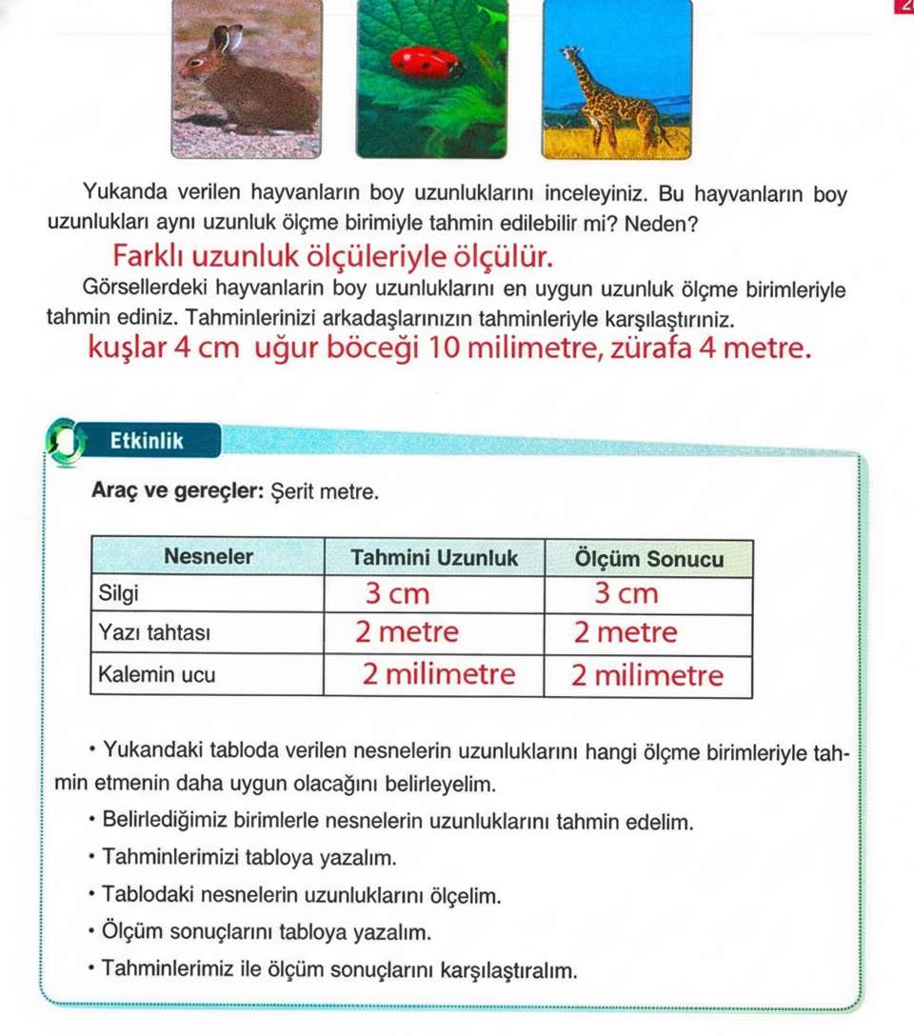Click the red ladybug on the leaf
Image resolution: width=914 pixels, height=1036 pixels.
point(426,64)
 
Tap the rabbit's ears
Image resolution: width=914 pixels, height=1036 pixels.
point(226,40)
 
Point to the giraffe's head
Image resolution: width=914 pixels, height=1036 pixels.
point(571,54)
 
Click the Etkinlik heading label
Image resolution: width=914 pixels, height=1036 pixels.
point(147,442)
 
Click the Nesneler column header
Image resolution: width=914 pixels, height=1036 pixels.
point(209,558)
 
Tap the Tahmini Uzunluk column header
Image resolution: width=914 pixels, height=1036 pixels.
point(434,558)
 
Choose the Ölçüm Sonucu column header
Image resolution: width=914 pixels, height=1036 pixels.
point(648,558)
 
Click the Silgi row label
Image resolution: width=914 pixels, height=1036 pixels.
point(119,594)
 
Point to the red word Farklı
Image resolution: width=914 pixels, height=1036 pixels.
point(150,256)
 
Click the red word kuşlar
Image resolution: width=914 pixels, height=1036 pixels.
point(126,349)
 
